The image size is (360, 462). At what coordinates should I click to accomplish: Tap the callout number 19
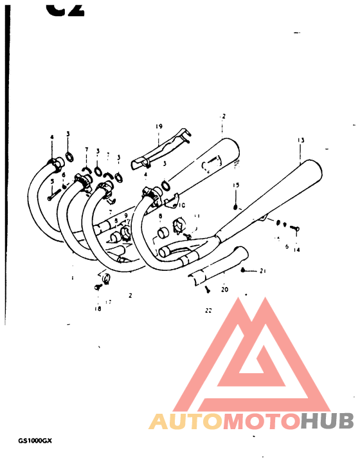158,126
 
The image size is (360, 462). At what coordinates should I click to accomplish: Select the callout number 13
300,140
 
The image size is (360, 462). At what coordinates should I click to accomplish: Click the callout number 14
296,250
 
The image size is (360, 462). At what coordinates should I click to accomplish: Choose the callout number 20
224,289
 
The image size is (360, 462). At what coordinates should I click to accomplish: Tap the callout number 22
208,311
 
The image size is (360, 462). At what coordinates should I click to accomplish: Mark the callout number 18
98,309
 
